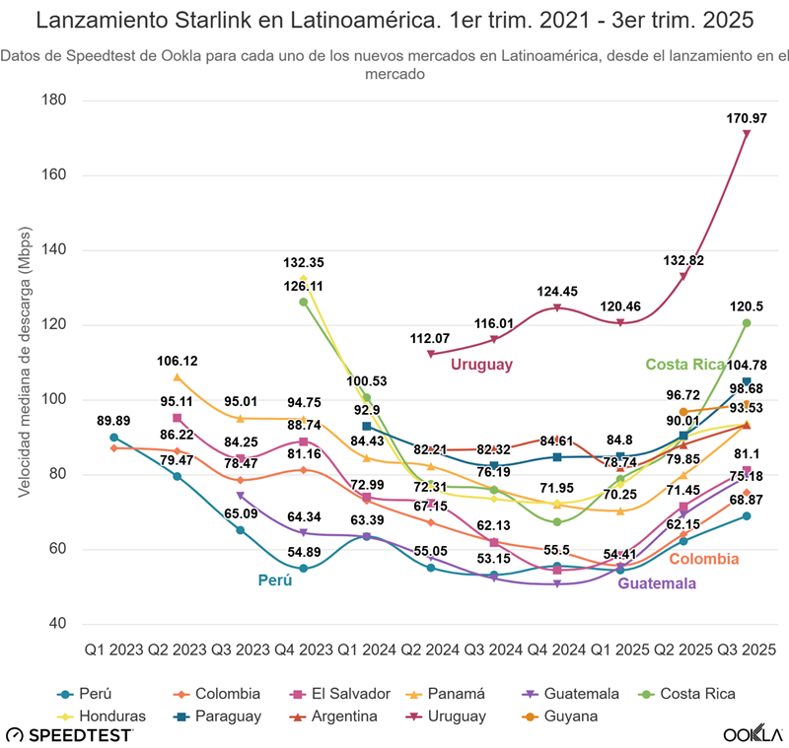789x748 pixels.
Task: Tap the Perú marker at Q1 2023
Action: tap(114, 438)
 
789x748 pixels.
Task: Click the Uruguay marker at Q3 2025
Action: tap(747, 134)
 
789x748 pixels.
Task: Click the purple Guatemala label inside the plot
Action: tap(664, 583)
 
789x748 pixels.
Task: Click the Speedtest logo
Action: tap(69, 734)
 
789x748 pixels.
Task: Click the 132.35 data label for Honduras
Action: tap(304, 263)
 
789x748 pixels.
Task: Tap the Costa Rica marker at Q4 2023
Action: tap(304, 303)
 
